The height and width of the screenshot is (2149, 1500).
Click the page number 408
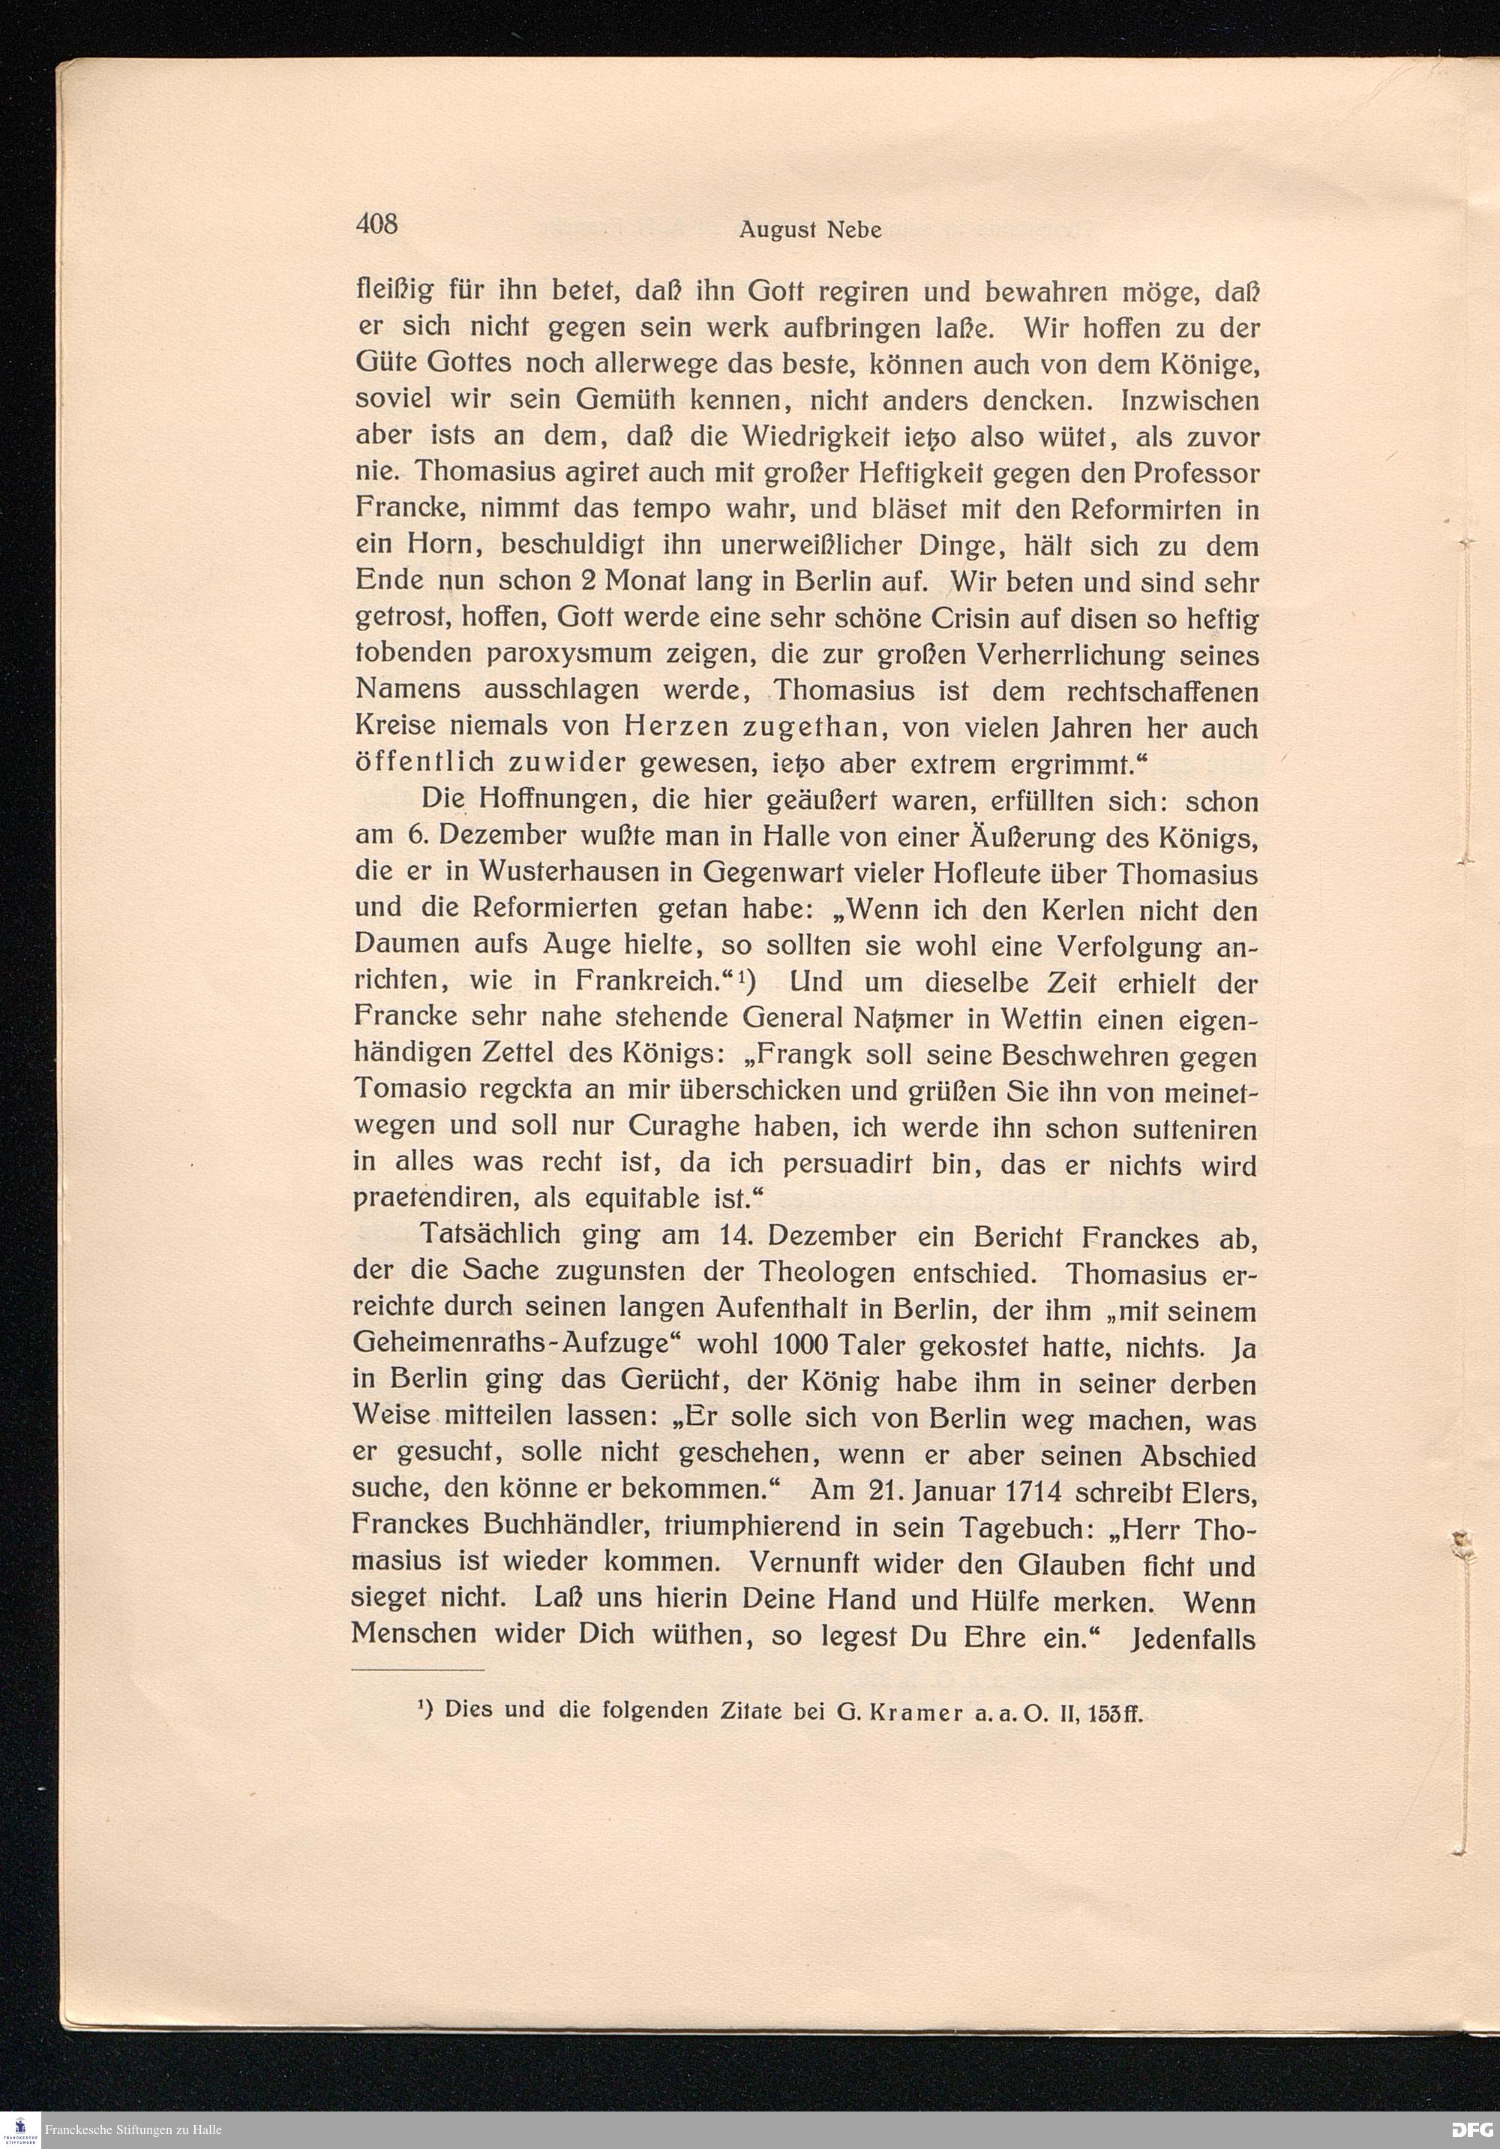[x=377, y=224]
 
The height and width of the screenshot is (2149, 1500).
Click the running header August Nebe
[x=809, y=230]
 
